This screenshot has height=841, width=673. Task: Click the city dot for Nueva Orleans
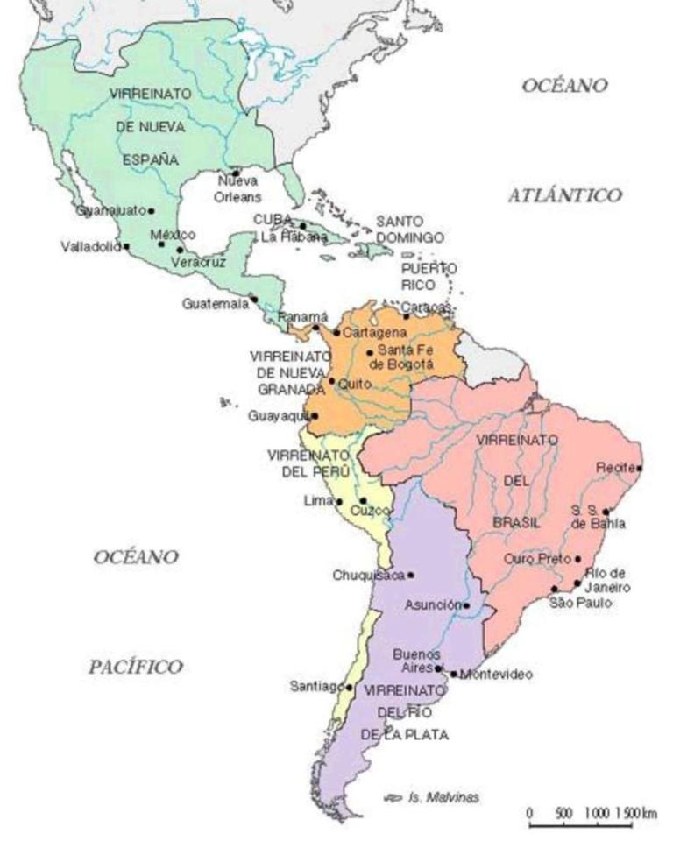[x=235, y=173]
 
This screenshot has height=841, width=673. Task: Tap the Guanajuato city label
[x=110, y=211]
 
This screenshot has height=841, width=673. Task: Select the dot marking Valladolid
[x=127, y=246]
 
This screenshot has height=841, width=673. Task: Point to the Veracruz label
[x=193, y=262]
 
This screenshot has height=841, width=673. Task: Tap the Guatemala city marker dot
[x=253, y=299]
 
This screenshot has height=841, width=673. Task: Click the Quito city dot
[x=331, y=381]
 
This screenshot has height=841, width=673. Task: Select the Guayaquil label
[x=278, y=415]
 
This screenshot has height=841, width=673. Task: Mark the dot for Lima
[x=339, y=502]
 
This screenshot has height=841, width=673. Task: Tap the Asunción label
[x=433, y=605]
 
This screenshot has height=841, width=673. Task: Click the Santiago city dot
[x=350, y=687]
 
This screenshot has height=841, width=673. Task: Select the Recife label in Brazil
[x=614, y=468]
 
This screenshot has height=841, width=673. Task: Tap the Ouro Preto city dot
[x=577, y=559]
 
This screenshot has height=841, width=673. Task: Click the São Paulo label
[x=580, y=603]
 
